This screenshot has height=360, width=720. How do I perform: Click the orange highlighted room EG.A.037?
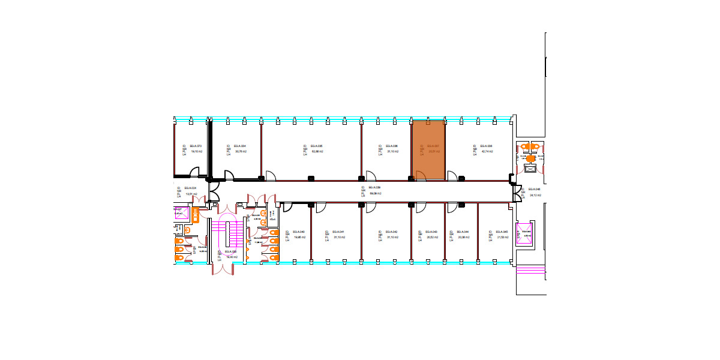pyautogui.click(x=428, y=150)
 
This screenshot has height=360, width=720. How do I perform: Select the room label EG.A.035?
pyautogui.click(x=317, y=146)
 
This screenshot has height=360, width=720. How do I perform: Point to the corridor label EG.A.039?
pyautogui.click(x=375, y=188)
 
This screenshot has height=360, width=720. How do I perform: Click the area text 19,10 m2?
pyautogui.click(x=196, y=152)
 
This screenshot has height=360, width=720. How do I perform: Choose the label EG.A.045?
pyautogui.click(x=502, y=232)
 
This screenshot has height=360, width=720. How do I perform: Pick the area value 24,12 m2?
pyautogui.click(x=535, y=195)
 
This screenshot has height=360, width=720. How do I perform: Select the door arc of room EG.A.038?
pyautogui.click(x=452, y=176)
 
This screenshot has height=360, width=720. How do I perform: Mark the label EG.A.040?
pyautogui.click(x=299, y=232)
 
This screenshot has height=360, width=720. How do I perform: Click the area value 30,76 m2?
pyautogui.click(x=240, y=152)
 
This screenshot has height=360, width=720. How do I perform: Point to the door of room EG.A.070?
pyautogui.click(x=195, y=173)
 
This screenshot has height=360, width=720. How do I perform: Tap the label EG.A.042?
pyautogui.click(x=391, y=232)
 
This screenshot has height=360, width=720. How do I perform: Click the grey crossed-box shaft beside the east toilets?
pyautogui.click(x=530, y=169)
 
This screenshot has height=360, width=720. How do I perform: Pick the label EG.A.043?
pyautogui.click(x=431, y=232)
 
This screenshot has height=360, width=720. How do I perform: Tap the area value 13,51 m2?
pyautogui.click(x=191, y=194)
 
